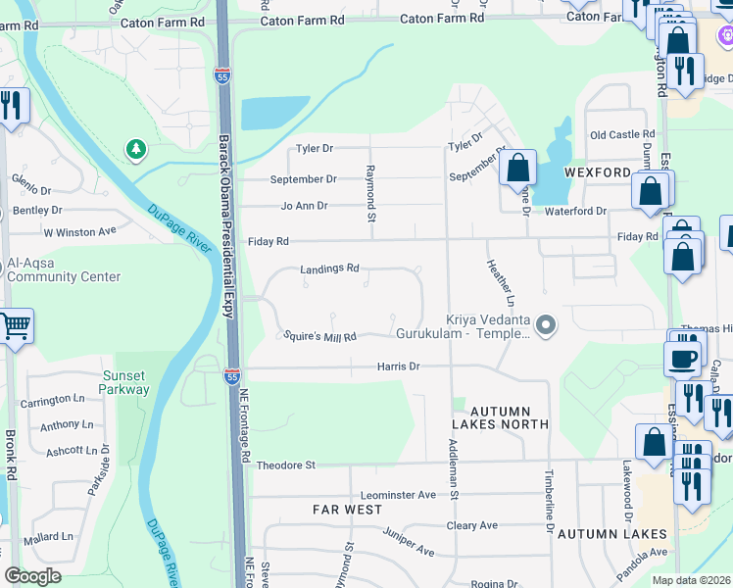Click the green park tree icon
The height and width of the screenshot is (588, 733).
pos(136,150)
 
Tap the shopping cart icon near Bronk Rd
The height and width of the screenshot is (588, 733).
pos(14,325)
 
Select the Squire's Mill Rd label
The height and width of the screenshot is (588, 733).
pos(318,336)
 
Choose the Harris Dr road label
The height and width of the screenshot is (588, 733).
pos(398,366)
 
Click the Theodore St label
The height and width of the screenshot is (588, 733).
pos(285,465)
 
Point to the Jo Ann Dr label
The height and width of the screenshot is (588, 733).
pos(304,206)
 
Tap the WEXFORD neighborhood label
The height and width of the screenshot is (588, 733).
pos(597,172)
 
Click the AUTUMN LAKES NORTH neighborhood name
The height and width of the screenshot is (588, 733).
pos(500,417)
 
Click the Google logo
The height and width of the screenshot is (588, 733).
pos(33,576)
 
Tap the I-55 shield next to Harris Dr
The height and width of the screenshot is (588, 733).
pos(230,375)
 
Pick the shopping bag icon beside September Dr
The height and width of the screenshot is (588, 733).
pos(518,168)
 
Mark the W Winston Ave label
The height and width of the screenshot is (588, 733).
pos(79,232)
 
